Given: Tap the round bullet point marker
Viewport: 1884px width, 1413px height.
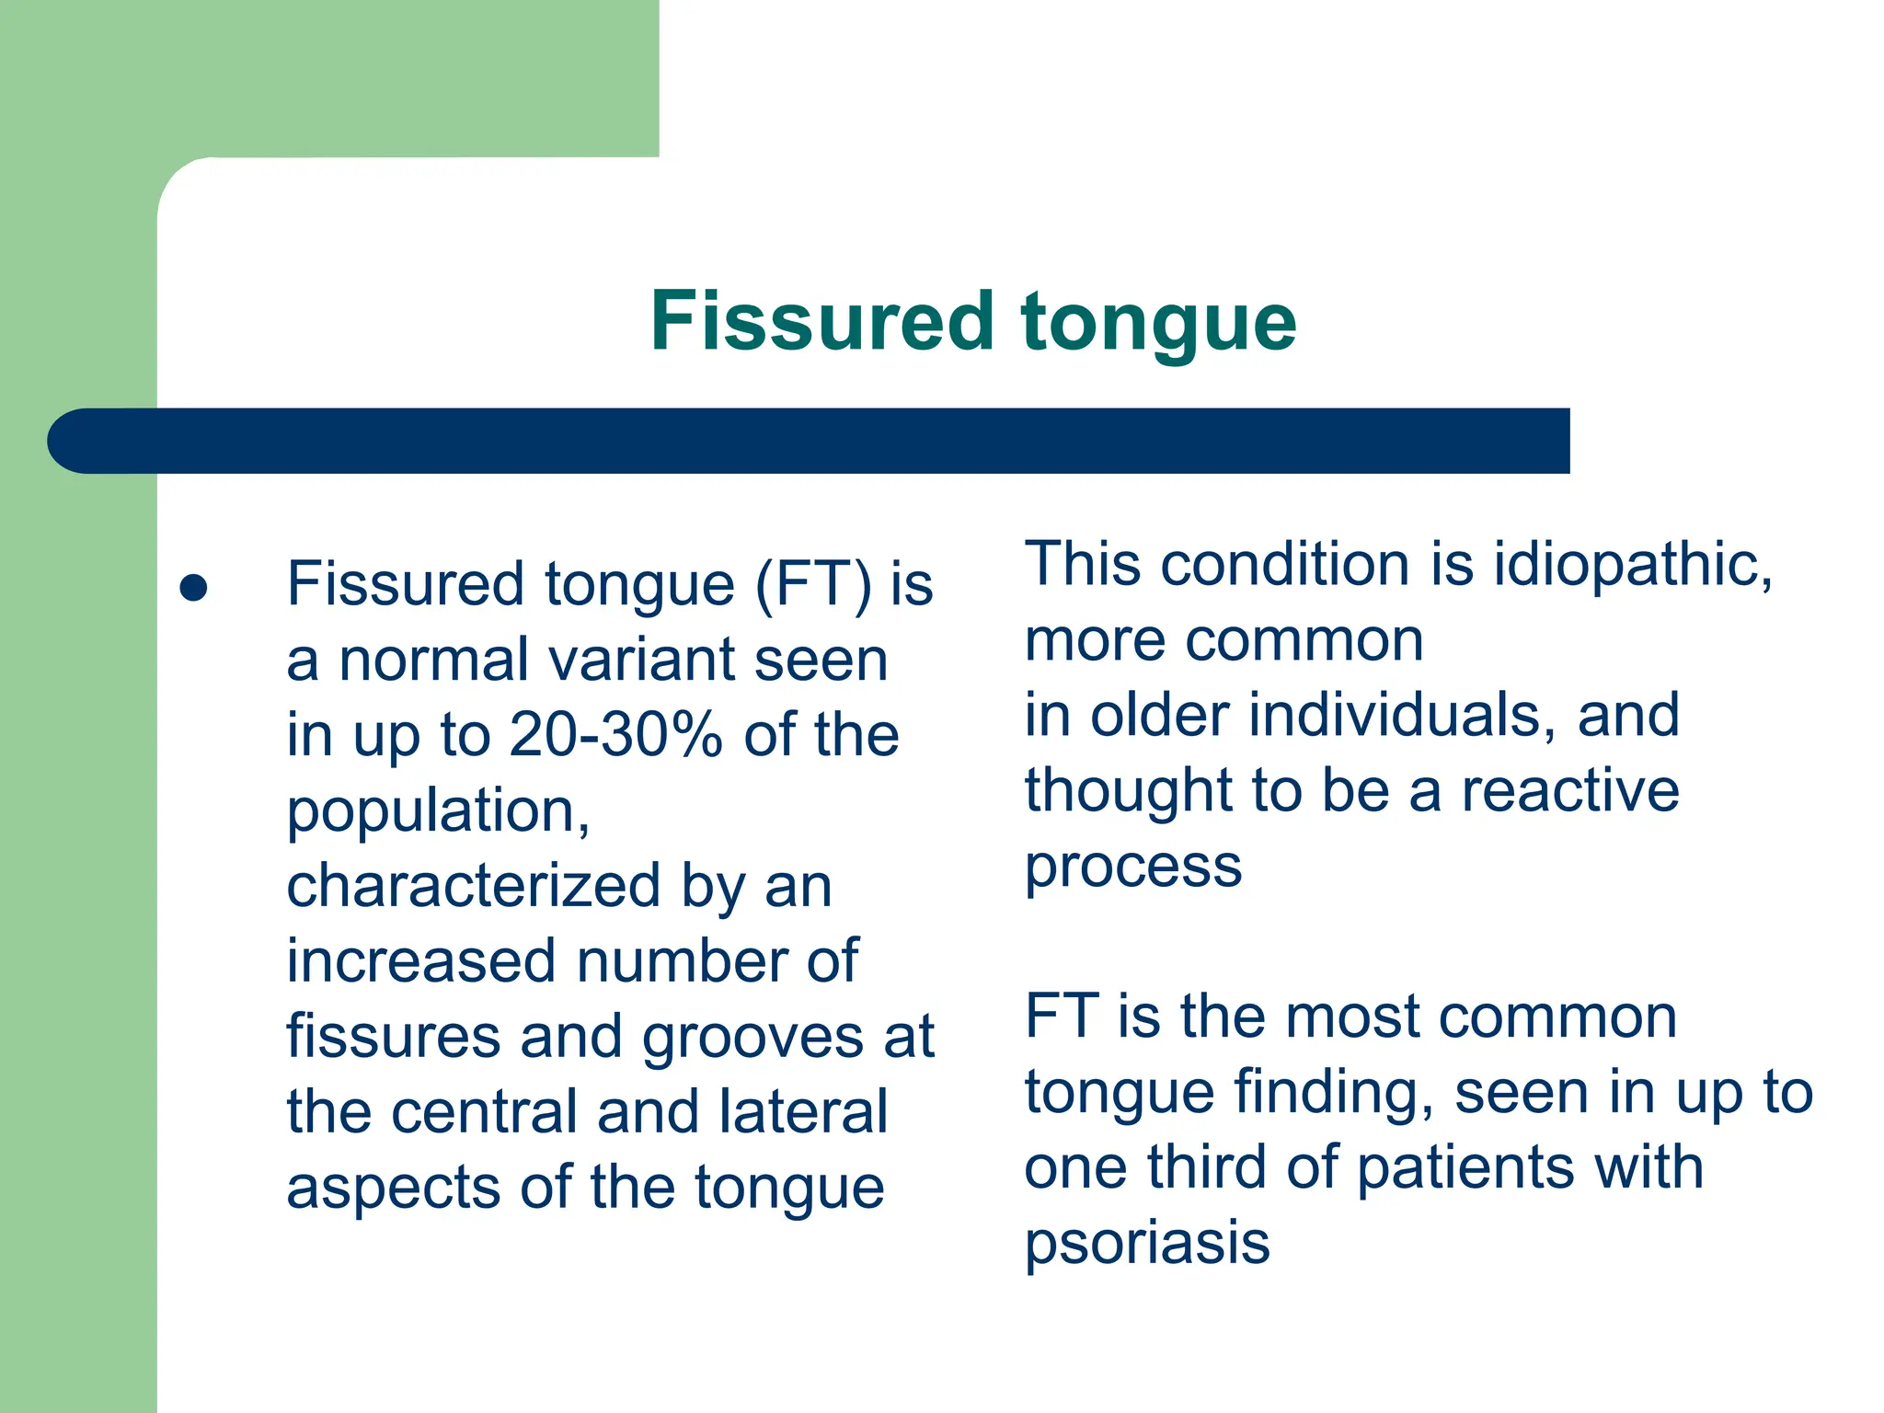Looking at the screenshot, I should pyautogui.click(x=193, y=588).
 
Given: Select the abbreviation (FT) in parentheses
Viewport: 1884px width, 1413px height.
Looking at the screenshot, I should pyautogui.click(x=812, y=585).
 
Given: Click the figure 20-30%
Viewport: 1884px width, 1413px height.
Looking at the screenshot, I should pyautogui.click(x=615, y=736).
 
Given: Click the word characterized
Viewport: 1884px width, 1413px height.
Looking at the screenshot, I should pyautogui.click(x=473, y=887).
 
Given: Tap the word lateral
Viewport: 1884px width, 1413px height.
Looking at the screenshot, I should pyautogui.click(x=803, y=1113).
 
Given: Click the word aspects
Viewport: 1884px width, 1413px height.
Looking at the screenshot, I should pyautogui.click(x=393, y=1189).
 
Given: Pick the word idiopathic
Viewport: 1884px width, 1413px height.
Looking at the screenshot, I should pyautogui.click(x=1630, y=565).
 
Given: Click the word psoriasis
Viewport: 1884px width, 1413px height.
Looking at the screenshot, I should pyautogui.click(x=1146, y=1244).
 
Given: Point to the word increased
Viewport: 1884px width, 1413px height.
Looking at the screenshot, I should pyautogui.click(x=421, y=962).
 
